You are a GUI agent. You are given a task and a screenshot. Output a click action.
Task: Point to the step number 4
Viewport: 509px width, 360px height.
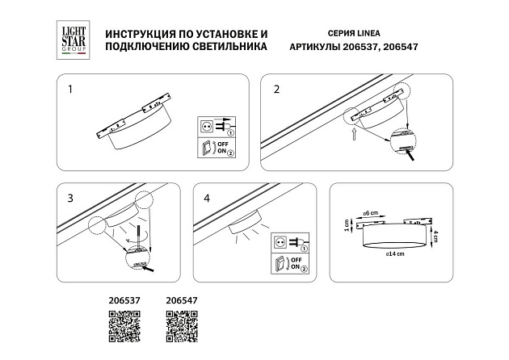(207, 198)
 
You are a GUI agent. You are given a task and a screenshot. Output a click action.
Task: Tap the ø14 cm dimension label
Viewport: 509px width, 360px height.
(395, 253)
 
